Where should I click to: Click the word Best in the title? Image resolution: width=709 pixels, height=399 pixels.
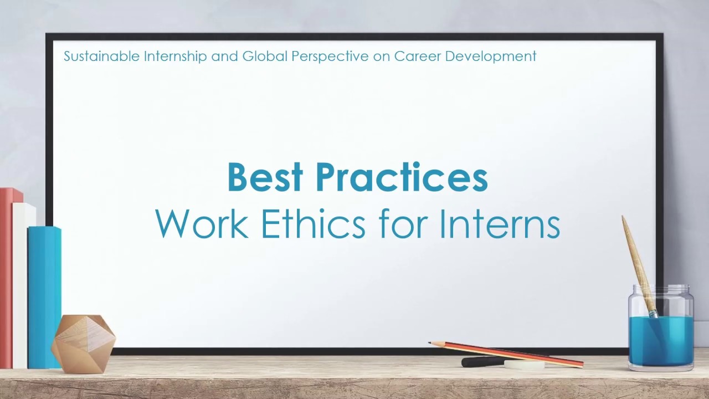[x=265, y=178]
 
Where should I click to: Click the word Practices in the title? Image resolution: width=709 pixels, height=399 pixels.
[x=402, y=178]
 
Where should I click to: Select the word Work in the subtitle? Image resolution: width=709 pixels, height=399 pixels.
[x=202, y=224]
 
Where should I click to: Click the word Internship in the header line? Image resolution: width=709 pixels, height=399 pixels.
[x=176, y=57]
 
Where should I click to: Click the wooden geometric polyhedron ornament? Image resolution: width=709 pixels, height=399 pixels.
[x=83, y=344]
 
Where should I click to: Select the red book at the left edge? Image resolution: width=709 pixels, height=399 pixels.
[x=7, y=277]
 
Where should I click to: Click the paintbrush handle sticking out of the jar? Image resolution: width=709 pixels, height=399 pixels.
[x=637, y=260]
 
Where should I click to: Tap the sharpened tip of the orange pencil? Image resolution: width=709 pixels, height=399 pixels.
[x=430, y=343]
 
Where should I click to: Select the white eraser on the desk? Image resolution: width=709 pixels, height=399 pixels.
[x=524, y=365]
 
